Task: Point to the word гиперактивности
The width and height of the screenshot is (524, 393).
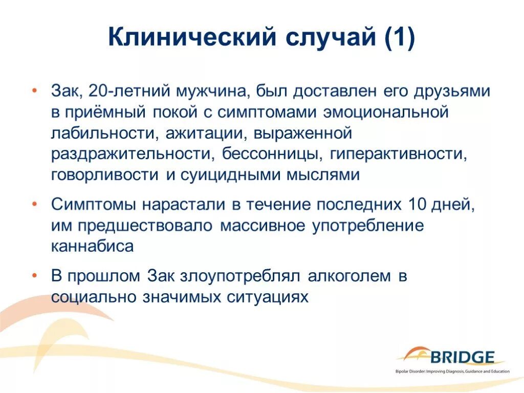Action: (x=398, y=154)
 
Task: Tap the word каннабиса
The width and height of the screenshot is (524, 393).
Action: (x=92, y=246)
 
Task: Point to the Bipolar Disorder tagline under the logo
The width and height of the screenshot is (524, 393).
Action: (x=452, y=371)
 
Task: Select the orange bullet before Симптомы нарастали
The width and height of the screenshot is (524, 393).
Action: (x=34, y=204)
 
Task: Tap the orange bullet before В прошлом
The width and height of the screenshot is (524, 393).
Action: (x=34, y=276)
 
